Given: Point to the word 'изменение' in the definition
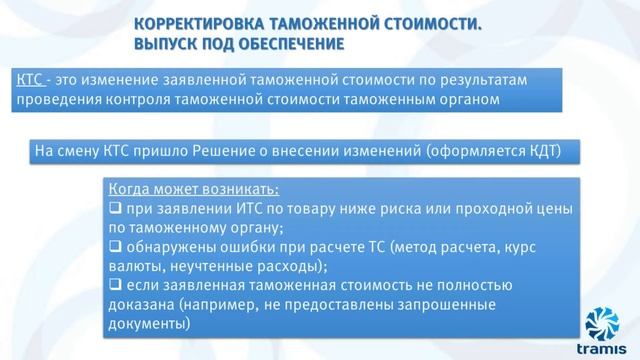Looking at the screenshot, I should coord(127,79).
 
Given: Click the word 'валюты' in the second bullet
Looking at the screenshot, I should coord(134,266).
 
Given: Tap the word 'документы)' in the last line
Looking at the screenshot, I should coord(147,324).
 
